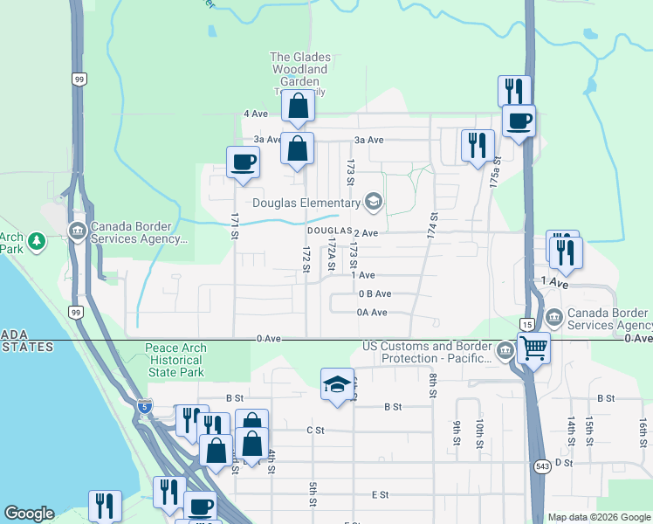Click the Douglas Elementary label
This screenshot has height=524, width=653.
click(306, 203)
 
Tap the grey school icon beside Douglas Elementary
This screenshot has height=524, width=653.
click(374, 203)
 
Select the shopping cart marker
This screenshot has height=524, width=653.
click(533, 348)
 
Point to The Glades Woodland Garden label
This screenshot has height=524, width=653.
click(299, 69)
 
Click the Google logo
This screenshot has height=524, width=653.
click(29, 514)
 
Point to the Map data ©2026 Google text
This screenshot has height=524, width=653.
click(598, 517)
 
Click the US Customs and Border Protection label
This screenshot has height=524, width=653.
click(428, 353)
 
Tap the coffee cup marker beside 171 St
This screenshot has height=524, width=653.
click(243, 162)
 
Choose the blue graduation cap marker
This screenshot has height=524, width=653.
click(336, 385)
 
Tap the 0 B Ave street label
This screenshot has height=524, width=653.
click(375, 294)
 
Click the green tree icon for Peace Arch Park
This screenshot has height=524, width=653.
click(36, 238)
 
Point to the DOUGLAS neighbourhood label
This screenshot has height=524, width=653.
click(327, 232)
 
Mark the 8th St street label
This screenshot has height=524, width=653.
click(432, 385)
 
